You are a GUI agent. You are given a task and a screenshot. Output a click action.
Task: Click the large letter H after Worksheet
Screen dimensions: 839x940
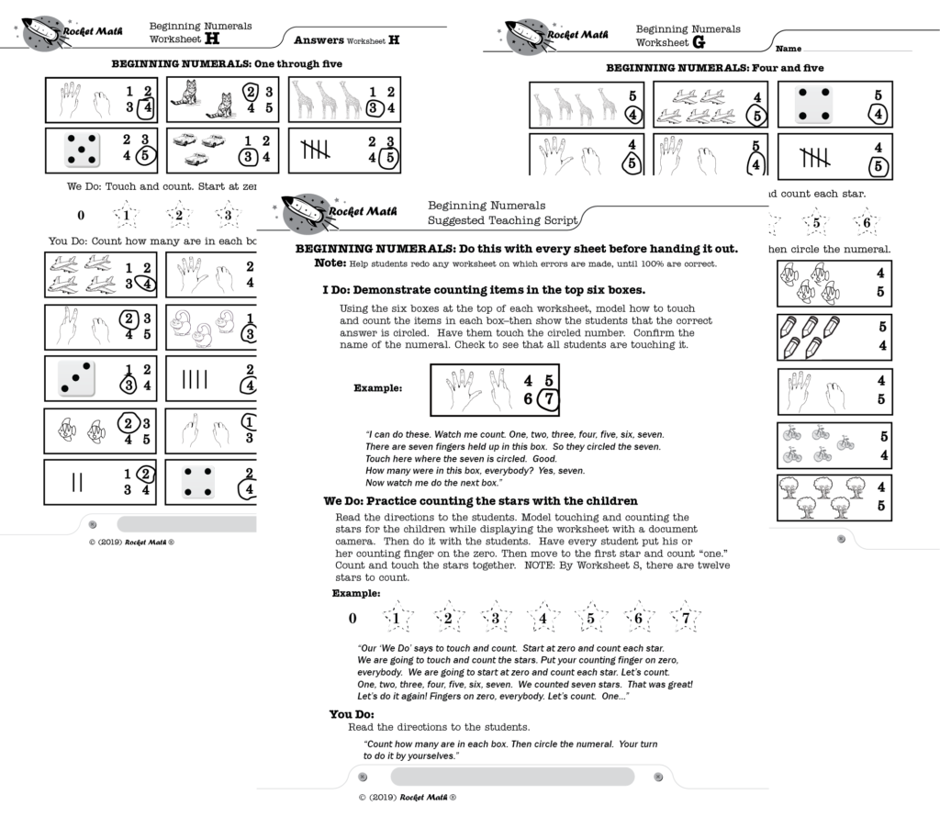pyautogui.click(x=212, y=40)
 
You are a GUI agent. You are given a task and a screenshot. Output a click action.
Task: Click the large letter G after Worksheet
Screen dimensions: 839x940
pyautogui.click(x=699, y=43)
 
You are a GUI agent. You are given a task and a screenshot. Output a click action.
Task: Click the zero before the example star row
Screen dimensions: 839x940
pyautogui.click(x=352, y=619)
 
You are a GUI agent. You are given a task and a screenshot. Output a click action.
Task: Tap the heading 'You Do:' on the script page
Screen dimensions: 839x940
pyautogui.click(x=352, y=714)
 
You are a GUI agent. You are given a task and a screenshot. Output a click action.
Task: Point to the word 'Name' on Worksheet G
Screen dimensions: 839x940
pyautogui.click(x=789, y=47)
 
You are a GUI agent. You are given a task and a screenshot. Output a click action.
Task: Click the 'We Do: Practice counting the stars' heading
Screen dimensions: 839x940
pyautogui.click(x=480, y=501)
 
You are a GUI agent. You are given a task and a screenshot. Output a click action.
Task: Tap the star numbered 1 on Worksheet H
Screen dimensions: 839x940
pyautogui.click(x=126, y=217)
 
